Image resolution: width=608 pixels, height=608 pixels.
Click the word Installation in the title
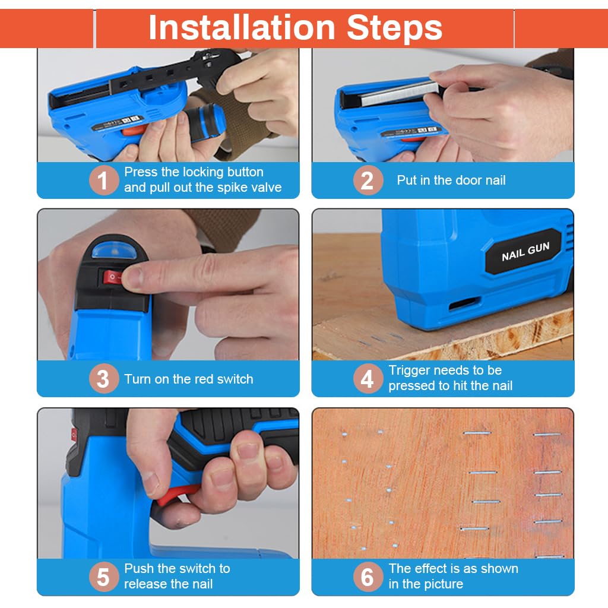tap(242, 27)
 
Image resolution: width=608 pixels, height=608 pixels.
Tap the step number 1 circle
tap(103, 180)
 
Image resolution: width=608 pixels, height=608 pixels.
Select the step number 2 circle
tap(368, 180)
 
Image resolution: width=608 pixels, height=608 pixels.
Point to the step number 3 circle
tap(103, 378)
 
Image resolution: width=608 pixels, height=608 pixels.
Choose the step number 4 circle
tap(368, 378)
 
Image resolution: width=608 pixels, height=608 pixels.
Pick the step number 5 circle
tap(103, 577)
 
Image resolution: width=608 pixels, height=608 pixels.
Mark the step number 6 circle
tap(368, 577)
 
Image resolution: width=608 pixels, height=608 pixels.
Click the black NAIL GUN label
tap(524, 252)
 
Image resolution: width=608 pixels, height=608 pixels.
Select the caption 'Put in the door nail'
tap(451, 180)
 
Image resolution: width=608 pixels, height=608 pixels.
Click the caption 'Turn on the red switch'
tap(188, 379)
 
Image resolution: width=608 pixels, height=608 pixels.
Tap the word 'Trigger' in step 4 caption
tap(412, 371)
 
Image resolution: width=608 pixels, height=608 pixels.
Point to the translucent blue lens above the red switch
tap(112, 250)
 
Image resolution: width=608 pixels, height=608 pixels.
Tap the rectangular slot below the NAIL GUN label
tap(463, 303)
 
